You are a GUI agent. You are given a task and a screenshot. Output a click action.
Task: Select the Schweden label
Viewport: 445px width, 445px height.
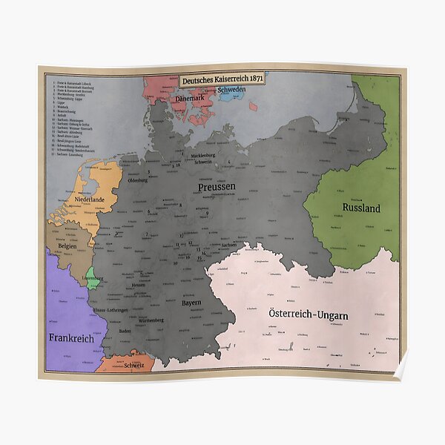(x=232, y=89)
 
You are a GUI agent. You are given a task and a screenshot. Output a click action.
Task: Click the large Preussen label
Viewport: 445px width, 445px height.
(x=217, y=187)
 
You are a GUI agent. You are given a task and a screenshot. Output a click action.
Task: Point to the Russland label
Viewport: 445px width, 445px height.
(x=356, y=208)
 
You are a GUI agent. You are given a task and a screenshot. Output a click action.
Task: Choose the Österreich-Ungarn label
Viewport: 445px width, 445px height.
(x=309, y=315)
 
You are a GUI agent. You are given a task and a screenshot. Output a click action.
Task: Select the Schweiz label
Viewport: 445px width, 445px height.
(x=134, y=365)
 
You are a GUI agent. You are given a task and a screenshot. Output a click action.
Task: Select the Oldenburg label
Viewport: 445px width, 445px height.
(x=138, y=180)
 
